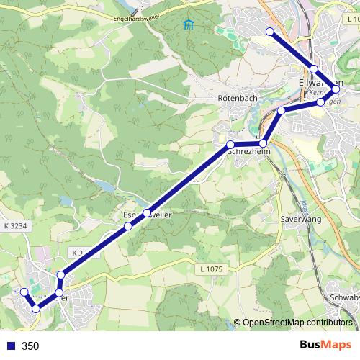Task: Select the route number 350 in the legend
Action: coord(30,346)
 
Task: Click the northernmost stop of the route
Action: coord(270,32)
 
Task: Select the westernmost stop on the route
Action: coord(24,292)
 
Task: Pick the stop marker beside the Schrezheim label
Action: coord(230,145)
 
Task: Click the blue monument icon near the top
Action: coord(189,26)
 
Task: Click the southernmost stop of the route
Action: coord(36,309)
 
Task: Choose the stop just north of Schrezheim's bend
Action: coord(282,110)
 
